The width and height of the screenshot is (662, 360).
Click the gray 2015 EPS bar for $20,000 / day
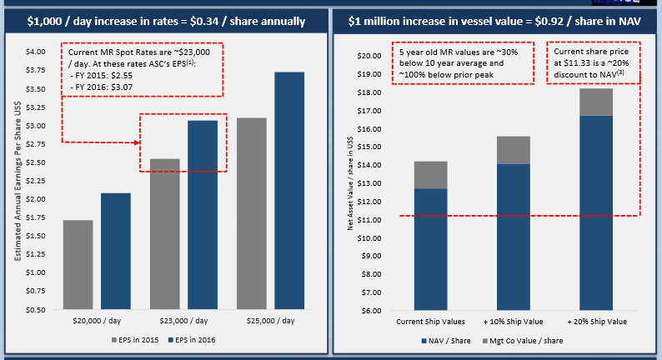(x=78, y=265)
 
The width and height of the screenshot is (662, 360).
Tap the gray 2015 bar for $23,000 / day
(x=164, y=234)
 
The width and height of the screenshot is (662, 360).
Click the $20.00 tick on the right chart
(x=369, y=56)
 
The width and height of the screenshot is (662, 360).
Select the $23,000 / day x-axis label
(x=183, y=321)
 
